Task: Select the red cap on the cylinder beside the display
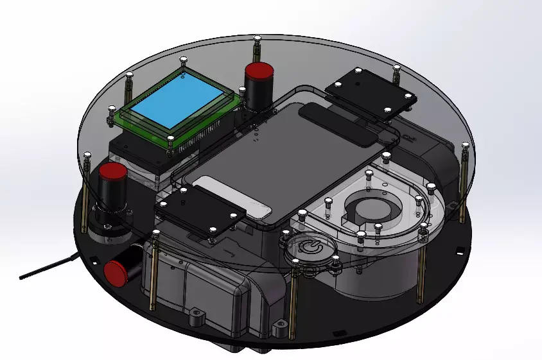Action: coord(259,70)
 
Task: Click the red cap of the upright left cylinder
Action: coord(112,172)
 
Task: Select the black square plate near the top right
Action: coord(371,91)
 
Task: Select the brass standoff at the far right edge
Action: coord(463,186)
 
